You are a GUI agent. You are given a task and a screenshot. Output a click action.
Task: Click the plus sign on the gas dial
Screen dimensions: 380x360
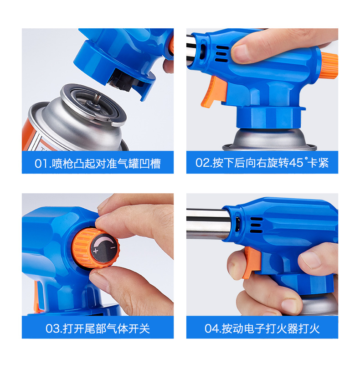point(96,251)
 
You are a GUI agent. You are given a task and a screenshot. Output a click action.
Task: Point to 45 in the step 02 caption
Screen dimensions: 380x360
point(296,163)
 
